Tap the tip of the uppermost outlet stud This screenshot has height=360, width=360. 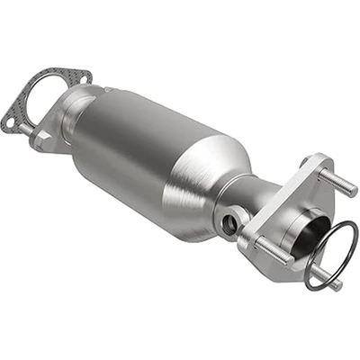tap(353, 191)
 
